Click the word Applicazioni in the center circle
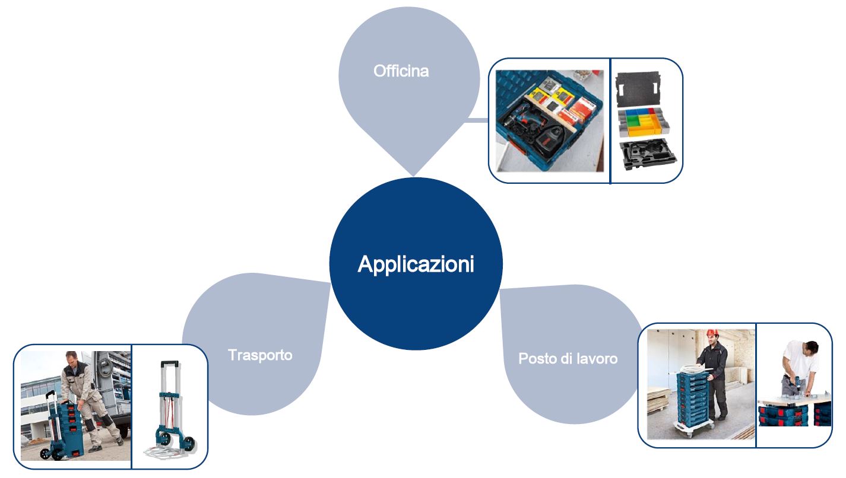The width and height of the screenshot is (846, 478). pyautogui.click(x=416, y=265)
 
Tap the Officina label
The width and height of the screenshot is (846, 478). pyautogui.click(x=401, y=72)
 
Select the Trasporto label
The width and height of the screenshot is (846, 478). pyautogui.click(x=260, y=355)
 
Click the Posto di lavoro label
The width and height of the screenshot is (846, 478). pyautogui.click(x=568, y=359)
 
